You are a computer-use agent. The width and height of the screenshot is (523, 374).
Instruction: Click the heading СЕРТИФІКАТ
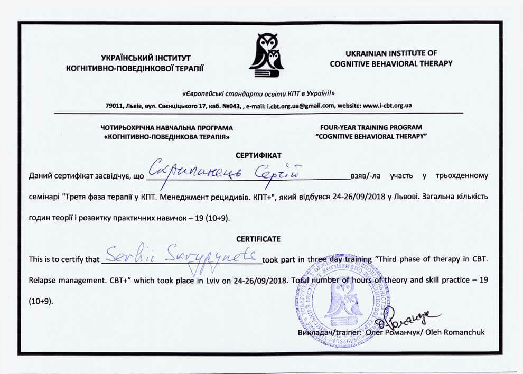tap(258, 155)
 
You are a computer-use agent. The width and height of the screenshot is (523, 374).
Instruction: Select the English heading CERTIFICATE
tap(258, 239)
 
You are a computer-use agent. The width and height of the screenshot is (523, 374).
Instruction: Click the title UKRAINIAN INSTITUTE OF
tap(391, 53)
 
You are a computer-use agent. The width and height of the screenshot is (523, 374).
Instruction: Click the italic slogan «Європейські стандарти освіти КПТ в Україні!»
tap(258, 92)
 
